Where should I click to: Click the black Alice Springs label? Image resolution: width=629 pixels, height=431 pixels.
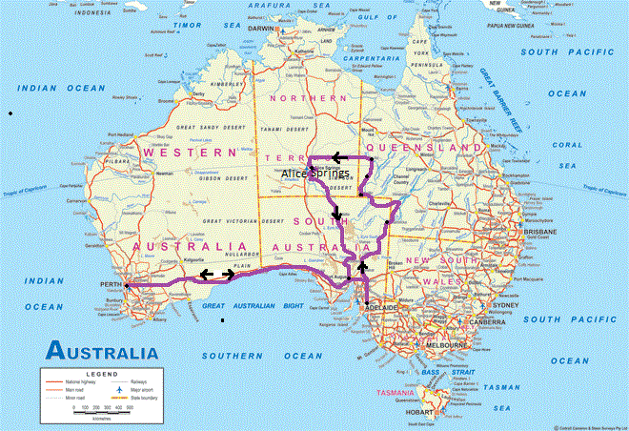point(315,174)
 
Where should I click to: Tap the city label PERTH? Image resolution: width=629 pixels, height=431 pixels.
point(111,285)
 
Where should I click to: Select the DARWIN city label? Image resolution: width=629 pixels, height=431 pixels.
point(260,29)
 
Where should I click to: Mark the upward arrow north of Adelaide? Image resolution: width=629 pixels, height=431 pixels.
point(362,267)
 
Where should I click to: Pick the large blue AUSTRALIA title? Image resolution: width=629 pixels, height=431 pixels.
point(104,352)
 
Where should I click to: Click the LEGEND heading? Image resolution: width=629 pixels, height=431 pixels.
point(101,374)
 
